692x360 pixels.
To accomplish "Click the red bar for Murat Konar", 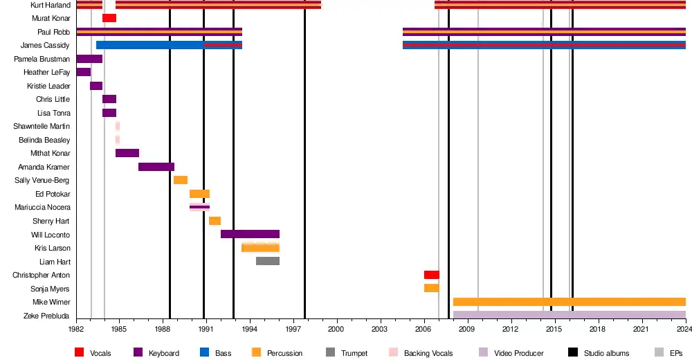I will click(x=109, y=18).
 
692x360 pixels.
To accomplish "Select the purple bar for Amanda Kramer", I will click(x=156, y=167).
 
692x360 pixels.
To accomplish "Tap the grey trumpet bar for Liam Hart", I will click(x=268, y=261).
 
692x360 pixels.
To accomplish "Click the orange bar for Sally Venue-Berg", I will click(x=181, y=180).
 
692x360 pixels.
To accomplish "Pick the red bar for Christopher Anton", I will click(x=431, y=275).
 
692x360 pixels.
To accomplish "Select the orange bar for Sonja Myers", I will click(x=431, y=288).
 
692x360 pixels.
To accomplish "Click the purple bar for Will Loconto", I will click(x=250, y=234).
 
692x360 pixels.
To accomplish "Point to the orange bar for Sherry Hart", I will click(x=215, y=221).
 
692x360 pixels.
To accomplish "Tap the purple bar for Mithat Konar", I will click(x=127, y=153).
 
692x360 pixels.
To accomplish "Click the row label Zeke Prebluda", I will click(x=51, y=316).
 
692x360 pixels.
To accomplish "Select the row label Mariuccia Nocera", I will click(x=42, y=207).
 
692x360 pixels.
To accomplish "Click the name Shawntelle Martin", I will click(x=42, y=126).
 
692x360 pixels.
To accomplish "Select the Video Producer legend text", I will click(x=518, y=353).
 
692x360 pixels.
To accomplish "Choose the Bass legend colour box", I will click(x=204, y=353).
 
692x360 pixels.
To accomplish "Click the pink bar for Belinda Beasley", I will click(x=118, y=140).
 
